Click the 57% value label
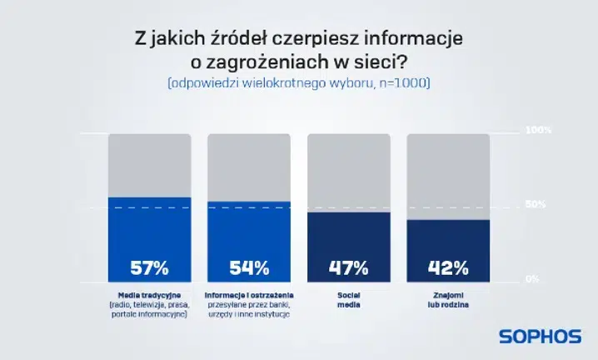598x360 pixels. pyautogui.click(x=149, y=267)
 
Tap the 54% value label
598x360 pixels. pyautogui.click(x=249, y=267)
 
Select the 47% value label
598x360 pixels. pyautogui.click(x=349, y=267)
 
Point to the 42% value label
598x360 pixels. pyautogui.click(x=448, y=267)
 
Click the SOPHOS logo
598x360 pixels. pyautogui.click(x=540, y=336)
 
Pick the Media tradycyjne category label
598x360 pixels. pyautogui.click(x=149, y=296)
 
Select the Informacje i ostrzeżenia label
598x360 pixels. pyautogui.click(x=249, y=296)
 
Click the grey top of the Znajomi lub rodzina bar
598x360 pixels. pyautogui.click(x=448, y=176)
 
